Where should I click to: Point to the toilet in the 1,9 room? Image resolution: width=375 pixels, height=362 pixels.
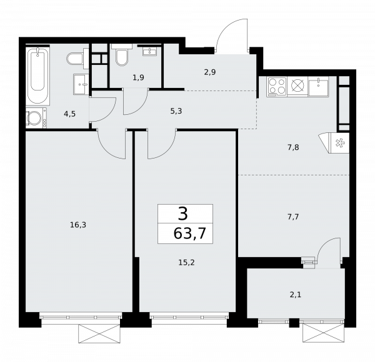click(121, 57)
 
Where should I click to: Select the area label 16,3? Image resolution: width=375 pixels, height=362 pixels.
click(78, 225)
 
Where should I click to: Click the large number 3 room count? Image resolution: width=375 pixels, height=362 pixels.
click(182, 214)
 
